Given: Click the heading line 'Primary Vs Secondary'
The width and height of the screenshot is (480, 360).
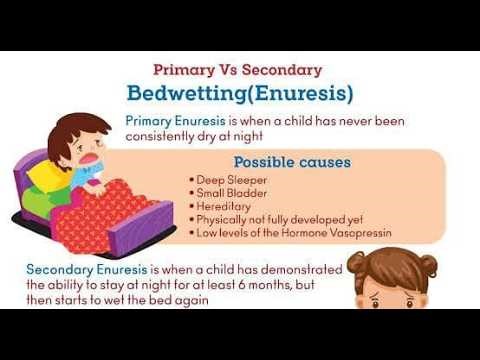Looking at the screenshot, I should click(x=237, y=70).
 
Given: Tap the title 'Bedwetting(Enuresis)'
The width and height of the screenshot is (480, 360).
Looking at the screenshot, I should click(x=240, y=94).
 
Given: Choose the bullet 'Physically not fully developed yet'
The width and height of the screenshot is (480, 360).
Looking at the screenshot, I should click(x=279, y=219).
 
